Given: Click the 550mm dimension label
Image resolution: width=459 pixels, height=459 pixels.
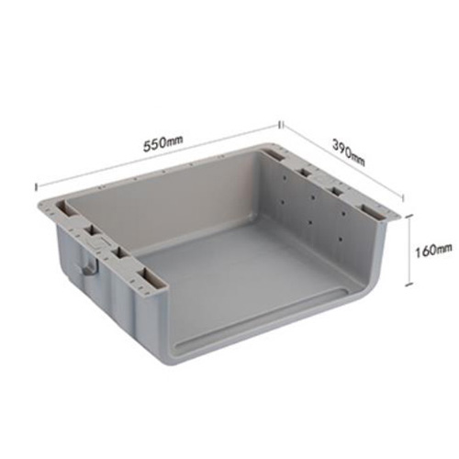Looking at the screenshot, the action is point(163,144).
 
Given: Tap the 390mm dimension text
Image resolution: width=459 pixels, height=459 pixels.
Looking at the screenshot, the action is point(349,152).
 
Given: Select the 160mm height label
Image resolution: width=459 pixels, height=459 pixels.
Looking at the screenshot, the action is point(433,250).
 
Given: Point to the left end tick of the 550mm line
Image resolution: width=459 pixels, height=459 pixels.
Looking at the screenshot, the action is point(37,186).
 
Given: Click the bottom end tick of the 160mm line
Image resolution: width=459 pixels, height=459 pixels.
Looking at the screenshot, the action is point(409,285).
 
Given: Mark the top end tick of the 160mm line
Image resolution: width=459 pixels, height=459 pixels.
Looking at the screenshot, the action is point(409,216).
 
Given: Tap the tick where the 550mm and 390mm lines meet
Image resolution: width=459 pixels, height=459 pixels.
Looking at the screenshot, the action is point(281,125).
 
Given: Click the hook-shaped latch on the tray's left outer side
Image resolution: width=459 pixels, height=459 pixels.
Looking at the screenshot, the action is point(90,266).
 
